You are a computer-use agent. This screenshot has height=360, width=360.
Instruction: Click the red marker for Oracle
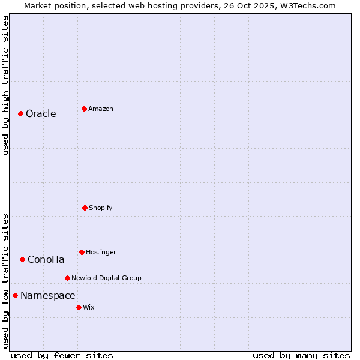pyautogui.click(x=20, y=113)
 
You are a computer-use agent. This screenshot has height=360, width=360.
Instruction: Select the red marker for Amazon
pyautogui.click(x=84, y=109)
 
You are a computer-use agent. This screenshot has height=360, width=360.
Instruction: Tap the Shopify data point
pyautogui.click(x=85, y=208)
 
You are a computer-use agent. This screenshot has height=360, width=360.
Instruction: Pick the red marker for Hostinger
pyautogui.click(x=82, y=252)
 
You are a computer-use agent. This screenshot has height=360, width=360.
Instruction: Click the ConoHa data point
pyautogui.click(x=22, y=259)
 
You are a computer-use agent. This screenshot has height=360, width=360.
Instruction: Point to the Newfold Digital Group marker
pyautogui.click(x=67, y=278)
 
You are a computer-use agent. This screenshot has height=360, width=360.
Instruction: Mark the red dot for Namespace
pyautogui.click(x=15, y=295)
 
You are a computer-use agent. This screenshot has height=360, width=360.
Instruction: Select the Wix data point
pyautogui.click(x=79, y=307)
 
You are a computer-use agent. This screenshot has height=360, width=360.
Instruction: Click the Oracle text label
pyautogui.click(x=41, y=114)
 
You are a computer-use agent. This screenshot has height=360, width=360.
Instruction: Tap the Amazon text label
pyautogui.click(x=101, y=109)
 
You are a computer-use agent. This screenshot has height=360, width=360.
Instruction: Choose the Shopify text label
pyautogui.click(x=101, y=208)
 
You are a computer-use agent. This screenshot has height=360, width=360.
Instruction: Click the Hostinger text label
pyautogui.click(x=101, y=253)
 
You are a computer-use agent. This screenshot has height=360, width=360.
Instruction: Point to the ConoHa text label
pyautogui.click(x=46, y=260)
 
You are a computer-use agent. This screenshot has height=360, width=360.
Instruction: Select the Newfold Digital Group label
pyautogui.click(x=106, y=278)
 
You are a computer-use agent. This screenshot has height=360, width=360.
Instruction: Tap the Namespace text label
pyautogui.click(x=48, y=296)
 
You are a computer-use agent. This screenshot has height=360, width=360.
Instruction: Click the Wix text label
pyautogui.click(x=89, y=308)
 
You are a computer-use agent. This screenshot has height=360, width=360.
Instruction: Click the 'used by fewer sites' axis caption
pyautogui.click(x=62, y=356)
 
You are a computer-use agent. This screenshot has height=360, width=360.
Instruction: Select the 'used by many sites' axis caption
pyautogui.click(x=301, y=356)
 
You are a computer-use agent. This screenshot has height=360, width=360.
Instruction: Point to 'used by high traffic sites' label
pyautogui.click(x=6, y=85)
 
